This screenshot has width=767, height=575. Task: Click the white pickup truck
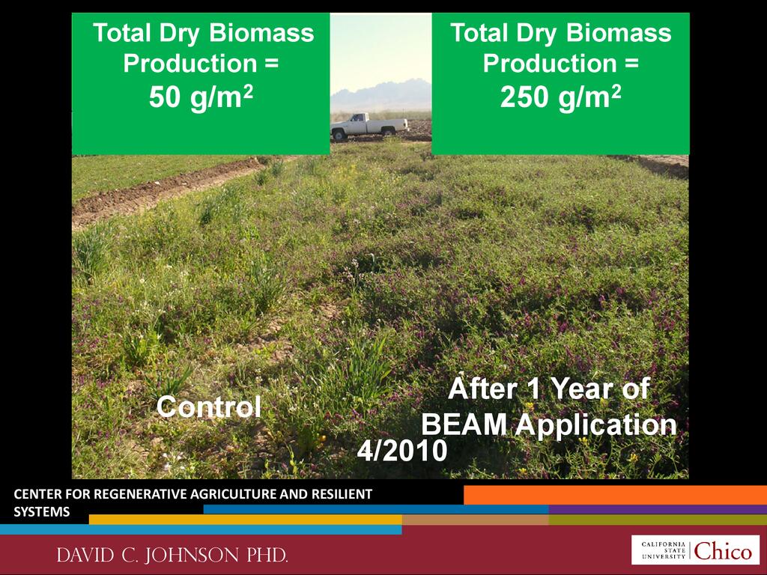[369, 126]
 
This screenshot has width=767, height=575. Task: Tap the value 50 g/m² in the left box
[201, 97]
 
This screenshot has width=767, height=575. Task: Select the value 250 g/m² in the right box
[560, 97]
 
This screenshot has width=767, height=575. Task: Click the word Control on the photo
[209, 407]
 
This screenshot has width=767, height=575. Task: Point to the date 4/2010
[402, 450]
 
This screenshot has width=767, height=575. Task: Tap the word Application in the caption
[596, 426]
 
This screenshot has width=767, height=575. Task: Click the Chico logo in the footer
[695, 550]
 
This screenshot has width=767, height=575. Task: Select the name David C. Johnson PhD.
[172, 555]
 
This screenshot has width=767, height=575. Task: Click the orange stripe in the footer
[615, 495]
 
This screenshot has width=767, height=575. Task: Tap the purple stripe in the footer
[658, 509]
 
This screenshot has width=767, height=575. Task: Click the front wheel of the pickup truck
[339, 135]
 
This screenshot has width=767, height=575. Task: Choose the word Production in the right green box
[550, 64]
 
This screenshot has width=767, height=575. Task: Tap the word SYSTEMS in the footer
[42, 512]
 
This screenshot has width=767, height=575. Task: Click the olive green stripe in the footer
[658, 520]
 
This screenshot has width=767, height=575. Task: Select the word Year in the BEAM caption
[582, 389]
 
